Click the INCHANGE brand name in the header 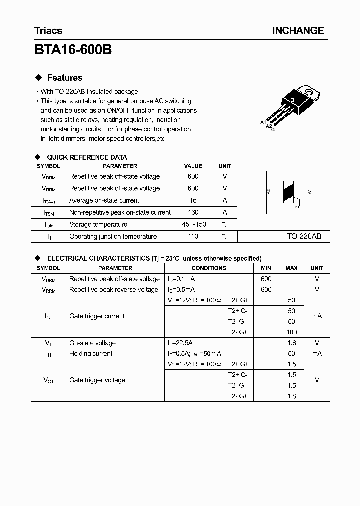[x=298, y=31]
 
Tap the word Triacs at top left [x=48, y=31]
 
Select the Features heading [x=64, y=78]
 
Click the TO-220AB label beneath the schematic [x=304, y=237]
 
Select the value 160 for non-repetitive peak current [x=193, y=212]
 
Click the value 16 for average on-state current [x=193, y=200]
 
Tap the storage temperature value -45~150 [x=193, y=224]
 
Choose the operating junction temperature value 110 [x=193, y=236]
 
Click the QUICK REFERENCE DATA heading [x=87, y=157]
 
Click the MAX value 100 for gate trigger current [x=292, y=332]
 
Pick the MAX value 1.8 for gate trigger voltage [x=292, y=396]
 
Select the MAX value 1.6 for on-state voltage [x=292, y=343]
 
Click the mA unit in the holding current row [x=317, y=353]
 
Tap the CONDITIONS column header [x=209, y=268]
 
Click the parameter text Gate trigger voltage [x=97, y=380]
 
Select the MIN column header [x=266, y=268]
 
